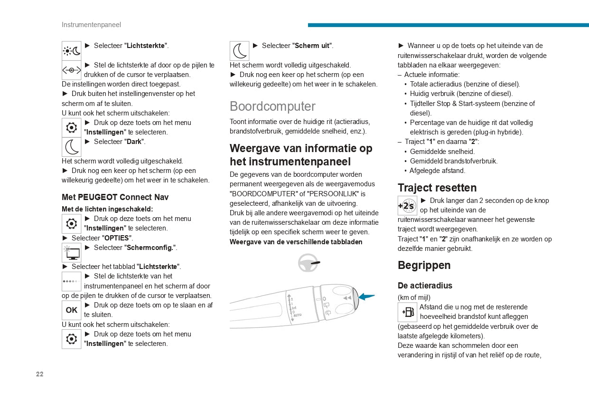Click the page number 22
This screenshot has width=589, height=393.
coord(39,374)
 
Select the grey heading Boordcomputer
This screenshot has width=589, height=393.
coord(272,106)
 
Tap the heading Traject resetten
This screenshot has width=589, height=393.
coord(437,188)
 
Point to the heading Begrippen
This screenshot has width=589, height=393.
coord(424,265)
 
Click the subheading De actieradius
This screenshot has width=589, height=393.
coord(425,286)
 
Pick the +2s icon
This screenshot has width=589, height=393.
coord(407,206)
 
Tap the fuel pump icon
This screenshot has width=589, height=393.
coord(408,312)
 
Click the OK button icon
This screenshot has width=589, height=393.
coord(72,310)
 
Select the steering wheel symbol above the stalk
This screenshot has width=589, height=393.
coord(308,263)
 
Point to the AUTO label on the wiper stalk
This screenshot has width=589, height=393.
coord(297,315)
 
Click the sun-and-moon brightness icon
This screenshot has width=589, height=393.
coord(72,50)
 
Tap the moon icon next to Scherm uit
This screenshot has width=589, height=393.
coord(240,51)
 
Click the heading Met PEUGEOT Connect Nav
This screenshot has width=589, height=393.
coord(115,197)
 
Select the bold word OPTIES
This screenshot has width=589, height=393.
coord(116,238)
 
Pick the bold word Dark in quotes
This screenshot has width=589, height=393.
coord(134,142)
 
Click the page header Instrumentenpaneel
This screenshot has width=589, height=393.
coord(91,25)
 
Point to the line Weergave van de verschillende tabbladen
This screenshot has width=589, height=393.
coord(296,242)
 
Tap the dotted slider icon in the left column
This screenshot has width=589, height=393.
coord(72,281)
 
